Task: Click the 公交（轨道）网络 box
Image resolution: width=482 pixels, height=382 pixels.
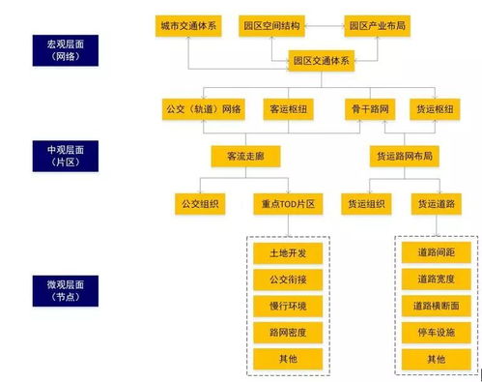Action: (x=204, y=108)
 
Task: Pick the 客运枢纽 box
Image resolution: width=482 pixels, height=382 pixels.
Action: (x=287, y=108)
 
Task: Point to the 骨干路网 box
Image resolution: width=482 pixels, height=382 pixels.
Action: (x=369, y=108)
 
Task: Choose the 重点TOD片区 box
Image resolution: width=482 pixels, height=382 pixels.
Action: (x=287, y=204)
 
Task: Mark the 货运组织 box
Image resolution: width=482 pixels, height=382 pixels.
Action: (x=368, y=204)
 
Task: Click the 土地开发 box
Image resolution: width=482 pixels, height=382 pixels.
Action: (x=288, y=252)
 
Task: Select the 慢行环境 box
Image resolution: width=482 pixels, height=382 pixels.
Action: (x=288, y=306)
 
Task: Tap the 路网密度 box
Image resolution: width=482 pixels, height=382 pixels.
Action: (x=288, y=333)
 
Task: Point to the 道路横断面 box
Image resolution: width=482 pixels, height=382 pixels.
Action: (x=437, y=306)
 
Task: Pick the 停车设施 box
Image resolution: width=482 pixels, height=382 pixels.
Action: (x=437, y=333)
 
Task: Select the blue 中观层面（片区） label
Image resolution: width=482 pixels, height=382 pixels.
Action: (x=66, y=155)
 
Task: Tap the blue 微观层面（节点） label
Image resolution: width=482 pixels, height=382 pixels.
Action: (x=66, y=289)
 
